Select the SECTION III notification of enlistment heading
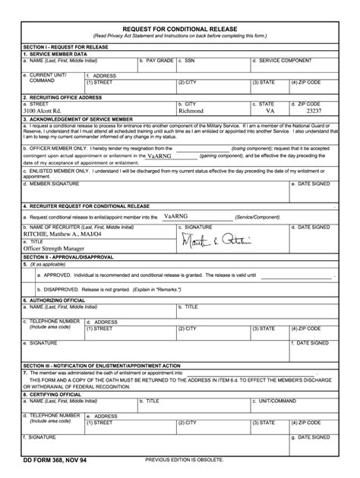[x=101, y=365]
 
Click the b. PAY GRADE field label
[x=156, y=59]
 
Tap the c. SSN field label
[x=186, y=59]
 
